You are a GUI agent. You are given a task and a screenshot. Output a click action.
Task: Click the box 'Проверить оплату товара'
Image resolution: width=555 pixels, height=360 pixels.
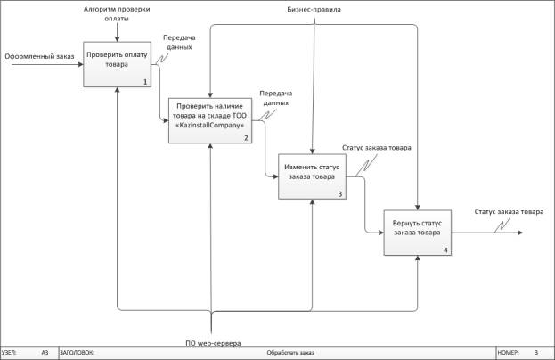tap(117, 64)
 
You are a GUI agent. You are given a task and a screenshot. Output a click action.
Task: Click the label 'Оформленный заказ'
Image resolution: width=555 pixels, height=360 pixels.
tap(39, 58)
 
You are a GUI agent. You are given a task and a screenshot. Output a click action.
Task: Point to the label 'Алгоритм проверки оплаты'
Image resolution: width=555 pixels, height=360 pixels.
tap(117, 12)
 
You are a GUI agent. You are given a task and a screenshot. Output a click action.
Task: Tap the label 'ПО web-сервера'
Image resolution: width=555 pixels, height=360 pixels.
tap(212, 342)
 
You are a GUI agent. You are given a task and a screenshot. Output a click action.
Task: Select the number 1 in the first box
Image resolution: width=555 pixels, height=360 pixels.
tap(143, 82)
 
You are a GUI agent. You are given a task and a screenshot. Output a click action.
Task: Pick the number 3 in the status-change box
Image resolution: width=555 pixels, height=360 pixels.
tap(339, 193)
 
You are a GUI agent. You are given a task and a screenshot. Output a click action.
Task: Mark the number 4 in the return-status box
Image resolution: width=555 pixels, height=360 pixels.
tap(445, 250)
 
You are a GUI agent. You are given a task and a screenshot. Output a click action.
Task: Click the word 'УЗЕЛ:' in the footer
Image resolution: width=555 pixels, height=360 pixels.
tap(11, 353)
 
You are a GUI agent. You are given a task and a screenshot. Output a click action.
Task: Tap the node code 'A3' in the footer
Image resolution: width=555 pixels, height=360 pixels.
tap(45, 353)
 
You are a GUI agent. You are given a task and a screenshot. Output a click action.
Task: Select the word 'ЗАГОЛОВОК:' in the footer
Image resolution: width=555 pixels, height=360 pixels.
tap(77, 353)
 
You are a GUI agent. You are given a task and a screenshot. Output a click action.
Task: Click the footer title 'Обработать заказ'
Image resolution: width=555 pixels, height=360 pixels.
tap(291, 353)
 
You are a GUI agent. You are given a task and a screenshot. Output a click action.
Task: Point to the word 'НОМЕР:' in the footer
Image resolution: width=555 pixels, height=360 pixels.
tap(508, 353)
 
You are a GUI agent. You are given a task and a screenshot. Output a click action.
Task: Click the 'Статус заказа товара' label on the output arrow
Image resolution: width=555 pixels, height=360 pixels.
tap(509, 212)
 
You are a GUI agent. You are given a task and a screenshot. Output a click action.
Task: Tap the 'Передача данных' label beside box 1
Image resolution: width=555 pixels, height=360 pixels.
tap(179, 43)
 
